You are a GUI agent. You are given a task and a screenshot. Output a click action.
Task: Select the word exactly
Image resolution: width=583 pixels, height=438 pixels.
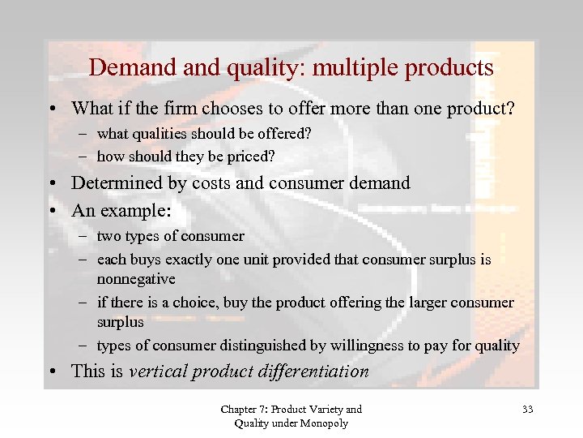194,260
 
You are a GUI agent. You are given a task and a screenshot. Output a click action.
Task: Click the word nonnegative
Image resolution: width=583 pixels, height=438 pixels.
136,279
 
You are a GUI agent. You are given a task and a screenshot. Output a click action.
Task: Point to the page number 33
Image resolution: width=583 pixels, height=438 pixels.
528,410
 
